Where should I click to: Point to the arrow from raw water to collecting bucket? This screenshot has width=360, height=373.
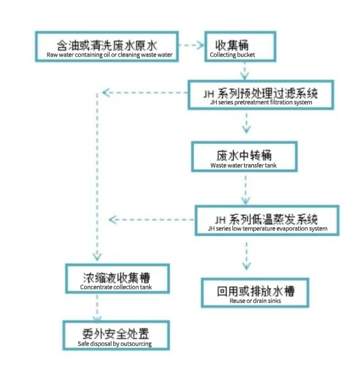191,45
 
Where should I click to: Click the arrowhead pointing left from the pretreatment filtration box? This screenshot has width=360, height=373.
105,92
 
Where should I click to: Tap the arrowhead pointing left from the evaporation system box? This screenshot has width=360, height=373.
113,219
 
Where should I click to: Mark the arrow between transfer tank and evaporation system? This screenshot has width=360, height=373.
246,190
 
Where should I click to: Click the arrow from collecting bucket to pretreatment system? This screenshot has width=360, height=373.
244,71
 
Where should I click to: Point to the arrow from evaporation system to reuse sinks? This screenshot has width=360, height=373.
247,256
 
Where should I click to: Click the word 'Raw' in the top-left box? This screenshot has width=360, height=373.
52,55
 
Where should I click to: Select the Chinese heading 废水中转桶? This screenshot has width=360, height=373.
244,156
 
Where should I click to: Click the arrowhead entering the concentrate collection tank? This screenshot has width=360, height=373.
97,257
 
